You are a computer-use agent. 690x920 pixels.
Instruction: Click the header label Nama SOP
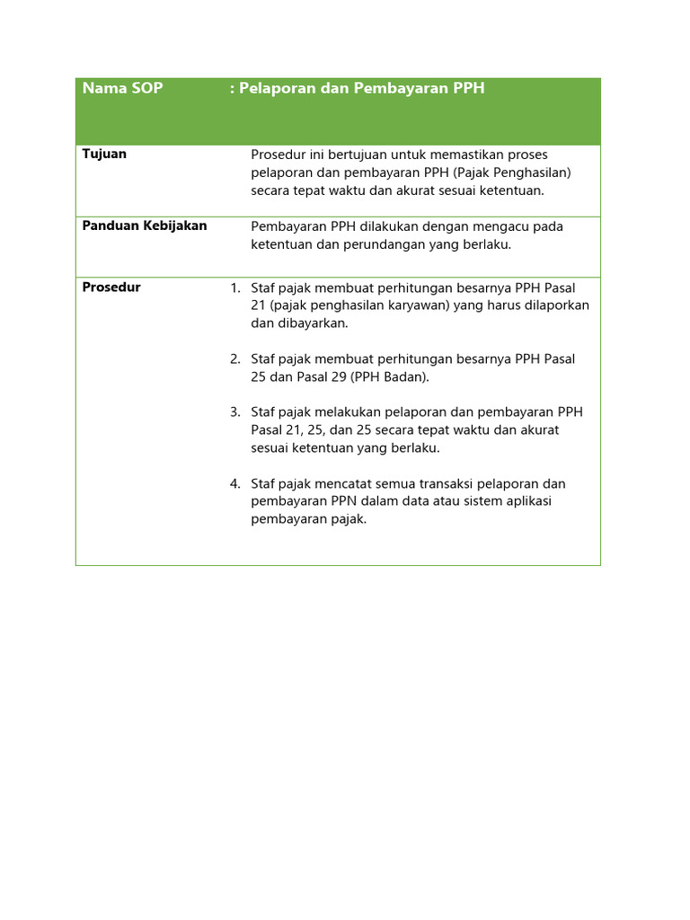[x=122, y=89]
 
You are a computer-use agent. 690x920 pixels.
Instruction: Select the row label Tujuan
[x=104, y=154]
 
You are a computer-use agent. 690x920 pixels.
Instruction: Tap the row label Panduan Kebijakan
[x=145, y=226]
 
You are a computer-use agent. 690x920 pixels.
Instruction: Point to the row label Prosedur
[x=111, y=287]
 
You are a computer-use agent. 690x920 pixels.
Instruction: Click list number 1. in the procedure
[x=235, y=288]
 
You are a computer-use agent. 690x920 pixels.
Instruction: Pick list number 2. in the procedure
[x=235, y=359]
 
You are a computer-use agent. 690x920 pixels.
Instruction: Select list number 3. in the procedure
[x=235, y=412]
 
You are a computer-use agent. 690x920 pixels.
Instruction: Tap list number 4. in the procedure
[x=235, y=484]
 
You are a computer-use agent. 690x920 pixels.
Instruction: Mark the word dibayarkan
[x=311, y=323]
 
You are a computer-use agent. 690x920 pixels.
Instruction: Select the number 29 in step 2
[x=338, y=377]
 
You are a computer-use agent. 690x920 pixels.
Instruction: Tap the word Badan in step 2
[x=409, y=377]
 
